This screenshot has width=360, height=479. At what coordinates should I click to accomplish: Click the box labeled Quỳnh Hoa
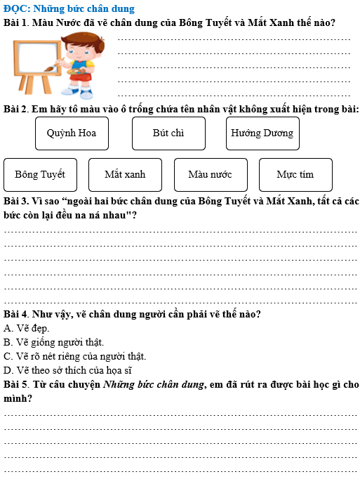(72, 133)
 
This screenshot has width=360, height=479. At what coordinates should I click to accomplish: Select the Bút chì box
(168, 133)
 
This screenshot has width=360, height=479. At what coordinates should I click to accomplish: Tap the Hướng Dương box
(262, 133)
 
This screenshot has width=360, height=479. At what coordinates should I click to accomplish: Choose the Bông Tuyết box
(40, 174)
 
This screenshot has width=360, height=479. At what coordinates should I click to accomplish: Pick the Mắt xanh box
(125, 174)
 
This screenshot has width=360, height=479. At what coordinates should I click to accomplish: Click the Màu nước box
(210, 174)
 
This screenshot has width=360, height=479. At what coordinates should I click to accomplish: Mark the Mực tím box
(295, 174)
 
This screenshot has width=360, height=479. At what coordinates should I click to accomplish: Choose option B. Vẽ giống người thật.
(53, 342)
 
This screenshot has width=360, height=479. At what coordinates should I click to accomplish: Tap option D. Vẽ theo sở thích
(67, 370)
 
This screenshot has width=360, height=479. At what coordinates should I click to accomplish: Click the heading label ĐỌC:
(17, 8)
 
